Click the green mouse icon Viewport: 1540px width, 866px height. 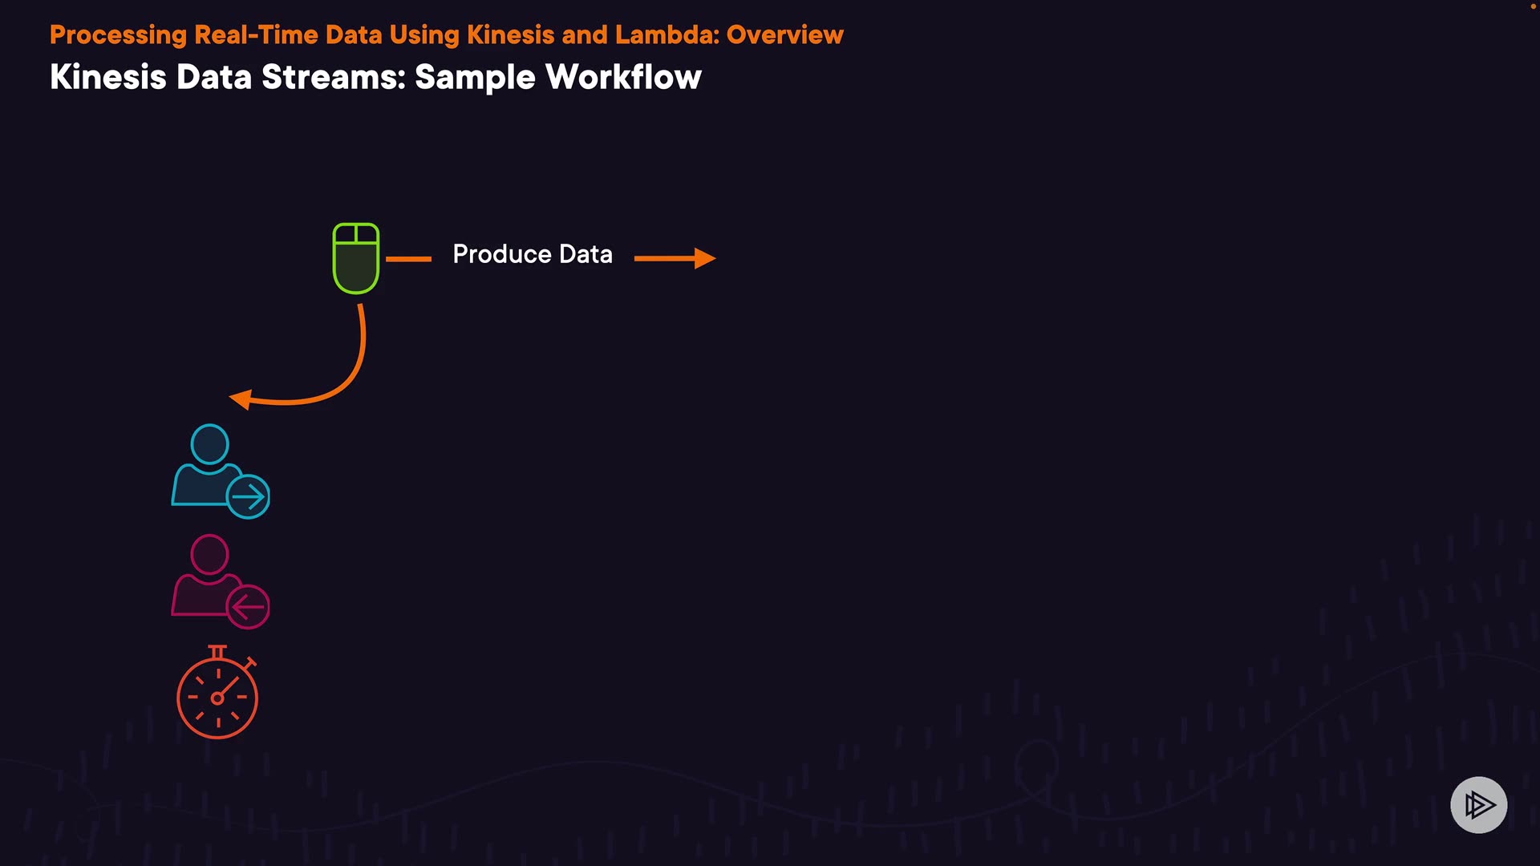tap(356, 258)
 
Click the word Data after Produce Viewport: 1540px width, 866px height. tap(586, 254)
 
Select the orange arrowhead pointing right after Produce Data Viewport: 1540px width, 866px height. tap(704, 258)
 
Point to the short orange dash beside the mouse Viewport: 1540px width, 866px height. tap(408, 259)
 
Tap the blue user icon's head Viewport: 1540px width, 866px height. tap(209, 444)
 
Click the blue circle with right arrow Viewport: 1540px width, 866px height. tap(248, 497)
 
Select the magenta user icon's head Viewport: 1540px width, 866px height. tap(209, 554)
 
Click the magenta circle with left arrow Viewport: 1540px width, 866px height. tap(248, 607)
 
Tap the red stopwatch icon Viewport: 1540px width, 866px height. tap(217, 696)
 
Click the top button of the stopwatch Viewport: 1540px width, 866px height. tap(217, 649)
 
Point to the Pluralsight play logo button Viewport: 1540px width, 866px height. tap(1478, 804)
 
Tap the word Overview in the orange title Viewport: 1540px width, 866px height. tap(784, 34)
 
